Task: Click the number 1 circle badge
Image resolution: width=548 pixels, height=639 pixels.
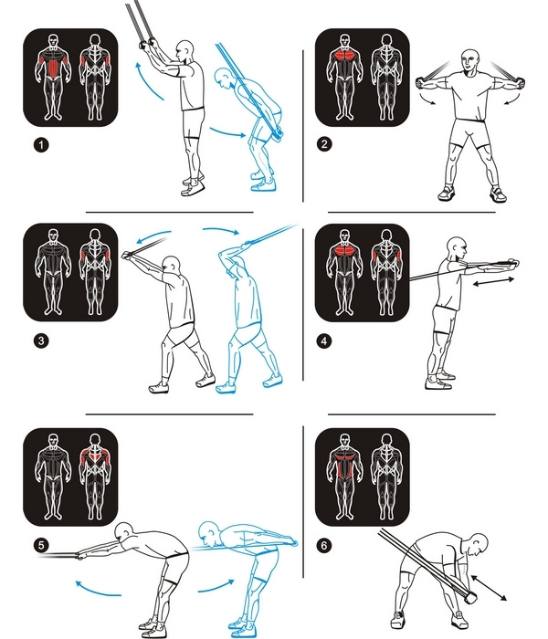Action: (x=40, y=144)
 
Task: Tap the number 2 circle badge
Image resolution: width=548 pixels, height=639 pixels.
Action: (x=323, y=144)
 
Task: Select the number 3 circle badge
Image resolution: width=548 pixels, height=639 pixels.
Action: (x=40, y=340)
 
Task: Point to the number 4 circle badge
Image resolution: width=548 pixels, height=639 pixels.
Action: (x=323, y=340)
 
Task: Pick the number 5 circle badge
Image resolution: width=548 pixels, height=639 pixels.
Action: (x=40, y=545)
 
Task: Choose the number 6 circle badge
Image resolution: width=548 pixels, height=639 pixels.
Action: (x=323, y=545)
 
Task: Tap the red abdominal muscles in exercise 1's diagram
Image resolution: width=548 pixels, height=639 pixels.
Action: (x=53, y=68)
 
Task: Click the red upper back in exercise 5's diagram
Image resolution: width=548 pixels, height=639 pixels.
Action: (x=95, y=456)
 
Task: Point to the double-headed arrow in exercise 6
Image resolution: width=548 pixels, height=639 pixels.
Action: (x=489, y=587)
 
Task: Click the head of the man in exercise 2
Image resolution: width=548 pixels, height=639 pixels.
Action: (x=471, y=61)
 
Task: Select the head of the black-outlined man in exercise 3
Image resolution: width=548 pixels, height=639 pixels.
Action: (x=172, y=266)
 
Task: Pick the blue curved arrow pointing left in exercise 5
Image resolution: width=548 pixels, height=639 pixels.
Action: (x=98, y=590)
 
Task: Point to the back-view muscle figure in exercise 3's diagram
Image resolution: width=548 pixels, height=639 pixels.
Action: (x=95, y=272)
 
